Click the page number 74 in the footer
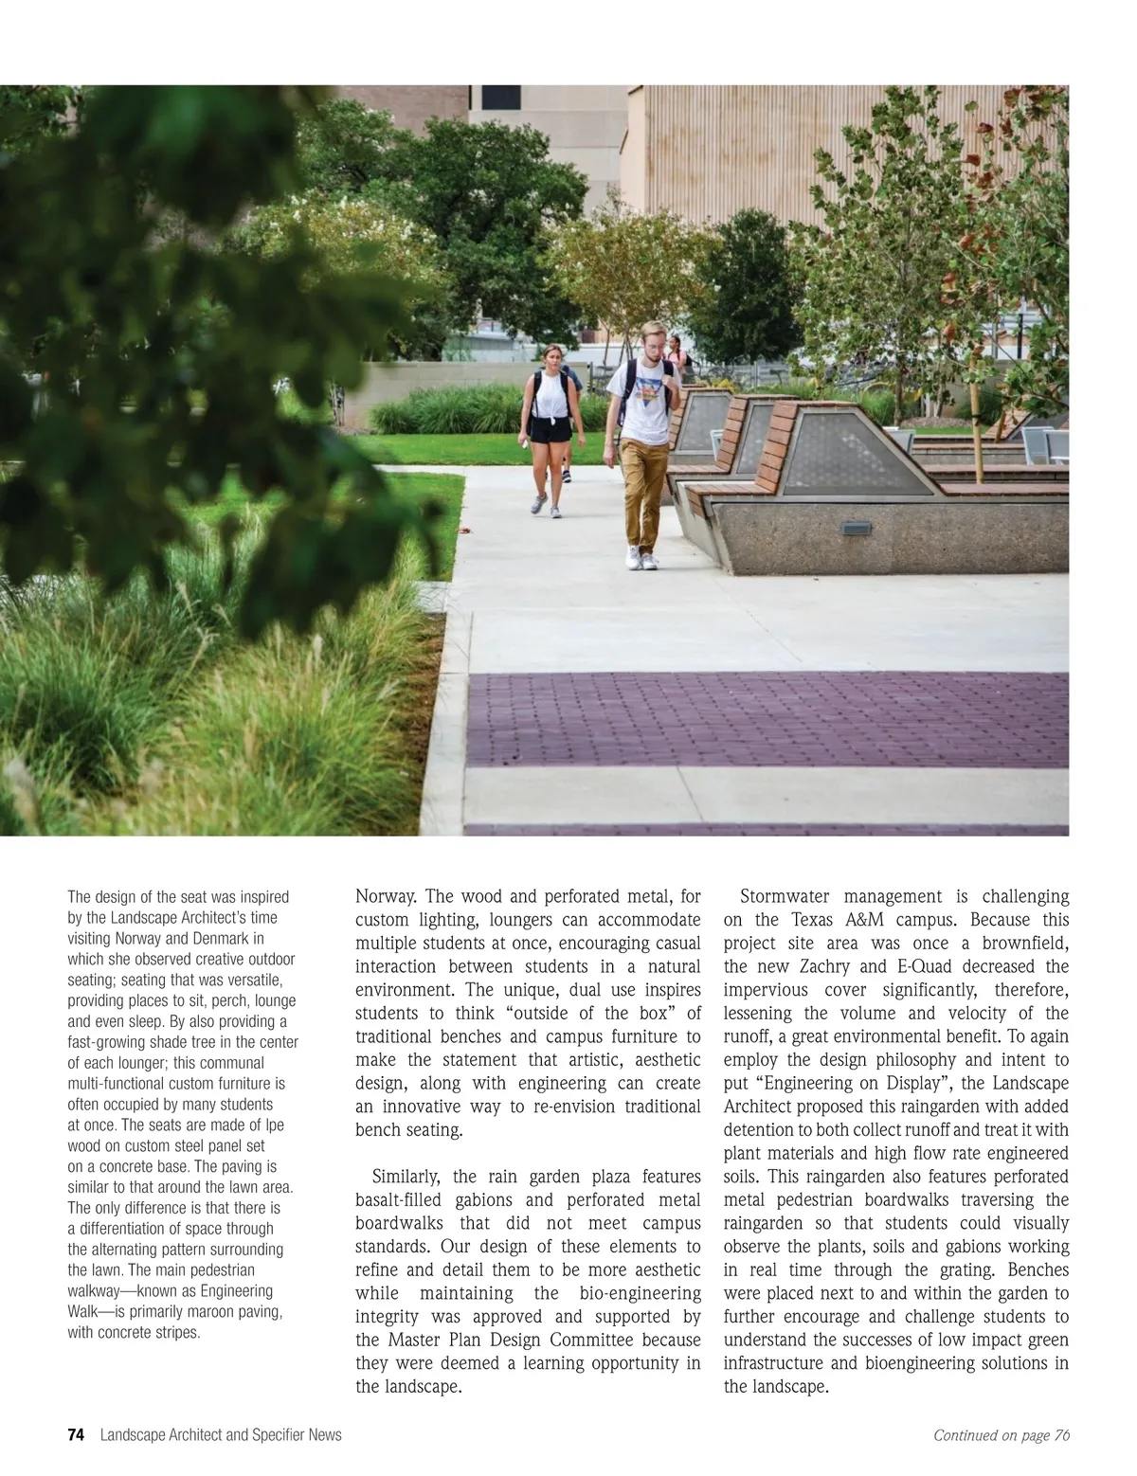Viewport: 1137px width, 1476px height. point(76,1435)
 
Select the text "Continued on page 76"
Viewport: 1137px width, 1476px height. point(1002,1435)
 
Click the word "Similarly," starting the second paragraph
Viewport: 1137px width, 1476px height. point(407,1177)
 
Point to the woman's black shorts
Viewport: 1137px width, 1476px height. point(550,429)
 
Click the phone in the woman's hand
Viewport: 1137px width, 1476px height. point(524,441)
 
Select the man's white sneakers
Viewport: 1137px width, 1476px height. point(641,559)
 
